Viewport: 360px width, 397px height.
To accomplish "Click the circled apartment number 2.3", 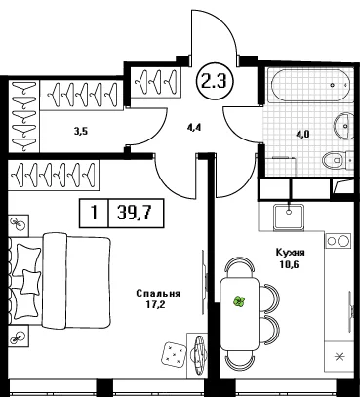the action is [214, 82].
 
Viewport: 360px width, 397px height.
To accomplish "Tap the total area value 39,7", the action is [136, 213].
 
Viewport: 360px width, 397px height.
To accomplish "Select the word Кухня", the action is [290, 253].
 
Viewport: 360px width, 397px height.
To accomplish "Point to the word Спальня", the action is [158, 294].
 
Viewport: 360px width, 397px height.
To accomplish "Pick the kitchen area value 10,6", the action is [289, 264].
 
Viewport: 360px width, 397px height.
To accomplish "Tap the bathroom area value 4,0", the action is [302, 135].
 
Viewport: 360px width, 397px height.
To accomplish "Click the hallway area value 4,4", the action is [194, 127].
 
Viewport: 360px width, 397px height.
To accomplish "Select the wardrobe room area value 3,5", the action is [81, 132].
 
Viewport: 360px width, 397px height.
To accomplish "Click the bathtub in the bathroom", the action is [309, 86].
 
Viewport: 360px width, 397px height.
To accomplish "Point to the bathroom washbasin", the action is [344, 126].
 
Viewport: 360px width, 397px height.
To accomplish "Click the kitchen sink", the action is [289, 218].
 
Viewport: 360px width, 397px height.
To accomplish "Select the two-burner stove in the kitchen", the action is [339, 241].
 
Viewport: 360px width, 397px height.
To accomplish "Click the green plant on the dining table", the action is [239, 301].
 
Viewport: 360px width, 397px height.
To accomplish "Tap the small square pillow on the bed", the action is [31, 282].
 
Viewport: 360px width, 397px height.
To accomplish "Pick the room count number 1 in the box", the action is [94, 214].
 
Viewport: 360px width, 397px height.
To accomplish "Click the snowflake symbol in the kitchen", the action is [340, 357].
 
